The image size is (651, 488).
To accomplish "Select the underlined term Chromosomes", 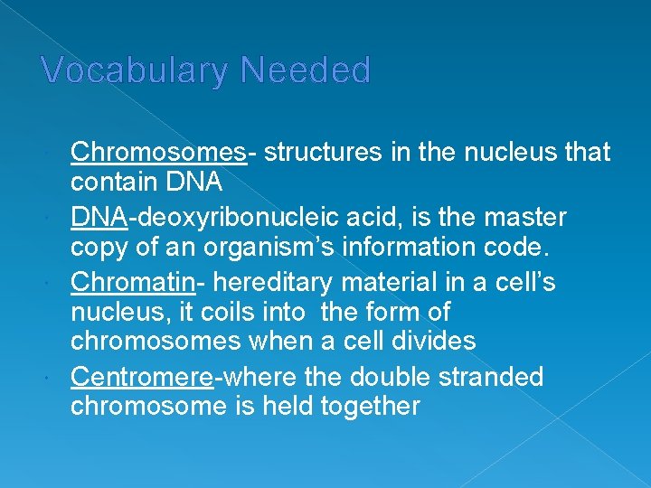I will coord(158,153).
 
